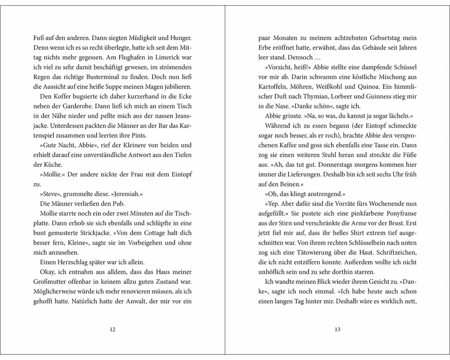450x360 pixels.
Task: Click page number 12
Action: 113,329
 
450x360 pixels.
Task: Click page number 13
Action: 337,329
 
